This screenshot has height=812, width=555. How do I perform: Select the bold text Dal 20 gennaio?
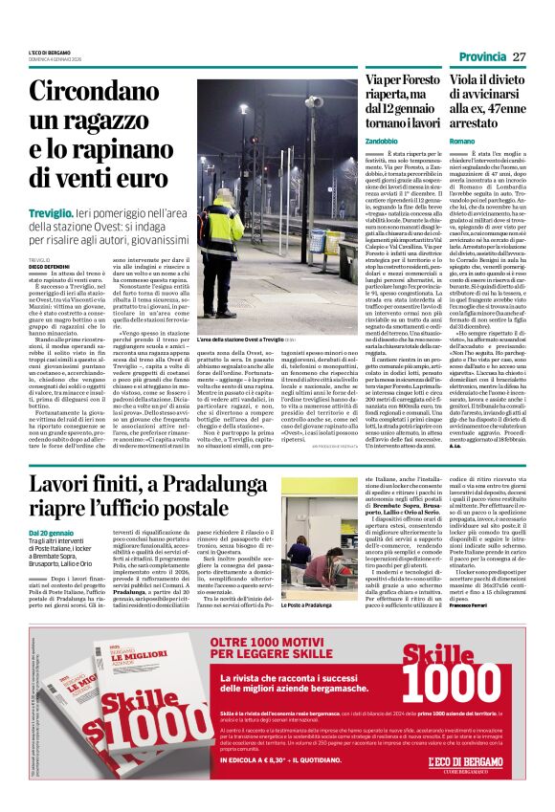tap(50, 533)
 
